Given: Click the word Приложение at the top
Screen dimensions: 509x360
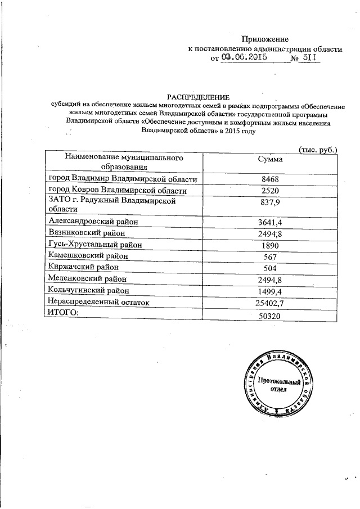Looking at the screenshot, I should pos(265,39).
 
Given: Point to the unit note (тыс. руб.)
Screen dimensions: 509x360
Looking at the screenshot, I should pos(317,150).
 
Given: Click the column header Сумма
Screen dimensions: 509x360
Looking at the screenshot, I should pos(269,159).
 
